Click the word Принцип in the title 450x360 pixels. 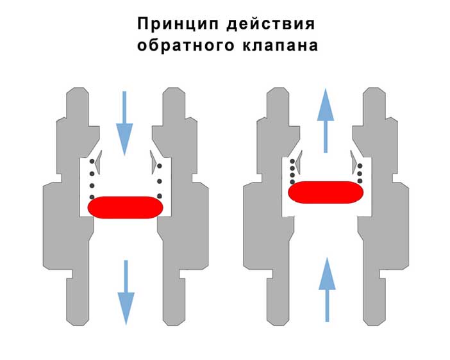[178, 24]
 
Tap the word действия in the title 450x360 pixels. [271, 24]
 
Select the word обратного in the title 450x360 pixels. [186, 45]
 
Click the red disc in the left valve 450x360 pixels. [126, 208]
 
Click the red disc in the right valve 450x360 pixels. [326, 192]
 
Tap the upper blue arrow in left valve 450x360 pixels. [124, 124]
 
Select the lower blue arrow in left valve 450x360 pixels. [126, 293]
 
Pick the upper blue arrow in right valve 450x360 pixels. [326, 120]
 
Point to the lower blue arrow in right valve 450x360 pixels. [327, 290]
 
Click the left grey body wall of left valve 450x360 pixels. [72, 206]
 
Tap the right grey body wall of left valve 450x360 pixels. [179, 206]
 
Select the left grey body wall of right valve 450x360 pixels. [272, 206]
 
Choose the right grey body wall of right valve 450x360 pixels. [380, 206]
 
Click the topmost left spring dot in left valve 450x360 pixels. [92, 161]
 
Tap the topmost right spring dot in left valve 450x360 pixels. [160, 166]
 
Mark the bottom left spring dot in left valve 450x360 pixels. [92, 197]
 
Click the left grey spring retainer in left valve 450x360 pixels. [99, 162]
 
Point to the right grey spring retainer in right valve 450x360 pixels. [353, 162]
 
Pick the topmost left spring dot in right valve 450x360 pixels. [292, 161]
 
